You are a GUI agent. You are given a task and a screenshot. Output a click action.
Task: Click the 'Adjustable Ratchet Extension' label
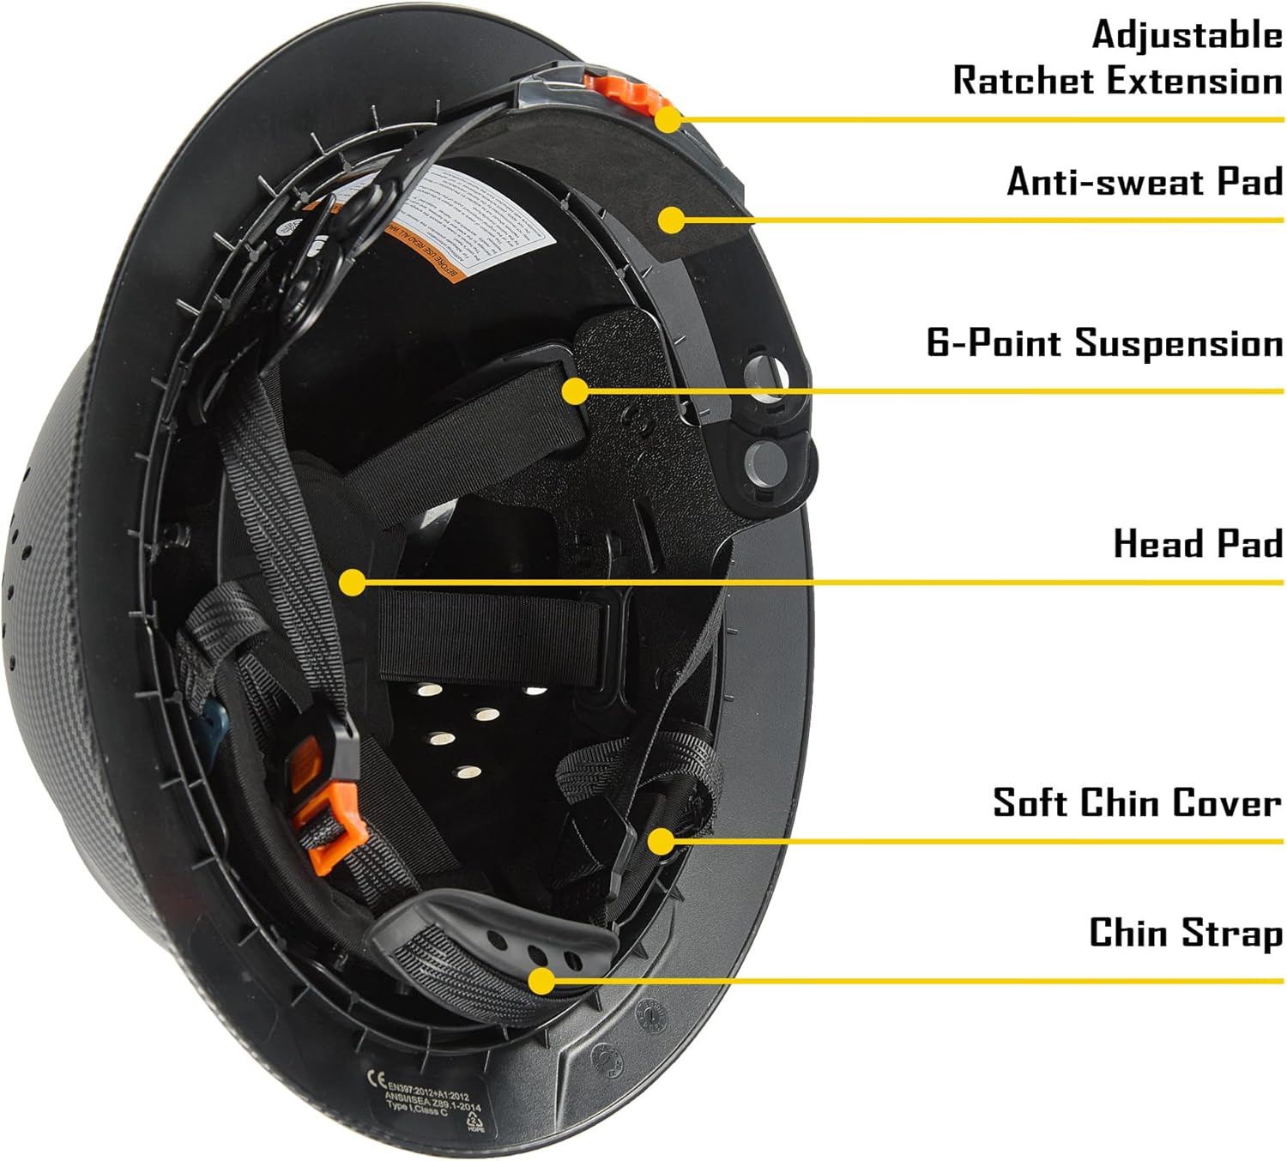pyautogui.click(x=1117, y=57)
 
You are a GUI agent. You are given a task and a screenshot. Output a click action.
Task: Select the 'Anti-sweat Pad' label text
pyautogui.click(x=1145, y=182)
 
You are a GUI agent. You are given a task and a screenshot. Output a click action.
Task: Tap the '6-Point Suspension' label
pyautogui.click(x=1104, y=343)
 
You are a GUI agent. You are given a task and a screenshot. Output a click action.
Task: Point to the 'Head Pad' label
pyautogui.click(x=1197, y=544)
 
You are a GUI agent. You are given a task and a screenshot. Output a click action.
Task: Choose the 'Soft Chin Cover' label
pyautogui.click(x=1137, y=803)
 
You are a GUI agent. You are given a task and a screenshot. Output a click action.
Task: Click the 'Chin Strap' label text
pyautogui.click(x=1186, y=933)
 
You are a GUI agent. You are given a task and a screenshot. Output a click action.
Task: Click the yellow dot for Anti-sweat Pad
pyautogui.click(x=672, y=220)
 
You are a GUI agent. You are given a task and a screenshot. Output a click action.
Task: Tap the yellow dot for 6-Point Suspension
pyautogui.click(x=575, y=391)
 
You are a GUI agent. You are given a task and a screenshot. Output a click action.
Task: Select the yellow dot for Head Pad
pyautogui.click(x=352, y=583)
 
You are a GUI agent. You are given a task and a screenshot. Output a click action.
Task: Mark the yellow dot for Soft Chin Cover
pyautogui.click(x=661, y=840)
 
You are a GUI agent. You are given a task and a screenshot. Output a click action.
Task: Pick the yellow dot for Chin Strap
pyautogui.click(x=541, y=980)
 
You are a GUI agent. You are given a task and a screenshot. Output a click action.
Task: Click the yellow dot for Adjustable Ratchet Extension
pyautogui.click(x=668, y=118)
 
